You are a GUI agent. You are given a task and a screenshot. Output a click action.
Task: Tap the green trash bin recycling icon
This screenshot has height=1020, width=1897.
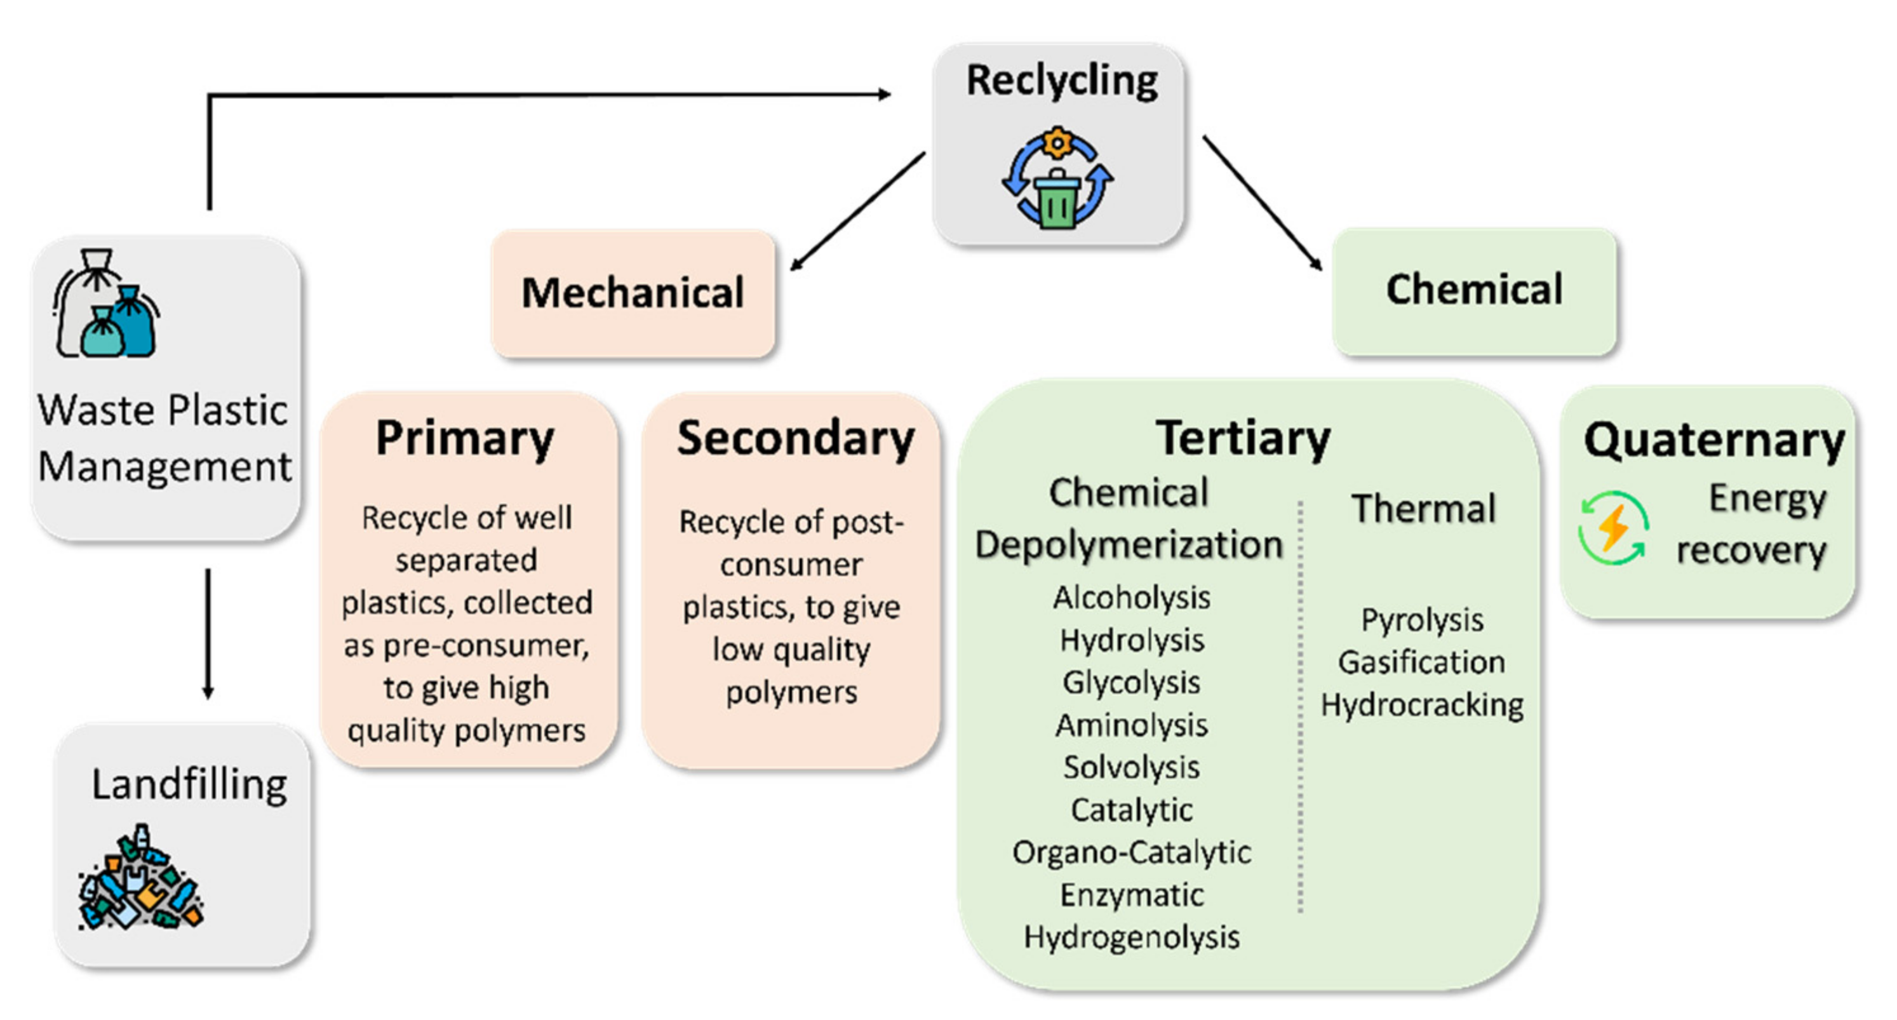1057,179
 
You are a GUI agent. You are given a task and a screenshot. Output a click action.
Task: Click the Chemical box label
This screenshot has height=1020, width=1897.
1473,289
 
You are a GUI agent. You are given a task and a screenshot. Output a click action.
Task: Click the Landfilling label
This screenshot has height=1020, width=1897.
189,784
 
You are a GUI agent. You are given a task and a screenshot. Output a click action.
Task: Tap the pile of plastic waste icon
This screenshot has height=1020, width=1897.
140,880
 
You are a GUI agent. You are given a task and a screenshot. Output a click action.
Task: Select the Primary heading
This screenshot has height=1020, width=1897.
465,438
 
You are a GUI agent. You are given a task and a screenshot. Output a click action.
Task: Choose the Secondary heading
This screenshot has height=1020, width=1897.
795,438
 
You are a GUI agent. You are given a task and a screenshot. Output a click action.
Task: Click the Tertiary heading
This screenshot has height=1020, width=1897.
1243,438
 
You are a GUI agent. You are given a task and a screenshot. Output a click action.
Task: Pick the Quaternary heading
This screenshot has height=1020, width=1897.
1714,440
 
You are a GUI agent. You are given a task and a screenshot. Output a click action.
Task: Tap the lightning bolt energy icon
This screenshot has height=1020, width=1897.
1612,528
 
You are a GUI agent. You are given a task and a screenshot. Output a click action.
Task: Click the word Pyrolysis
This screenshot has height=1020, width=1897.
1421,620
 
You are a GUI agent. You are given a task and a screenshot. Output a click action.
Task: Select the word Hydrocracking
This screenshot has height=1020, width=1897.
1421,705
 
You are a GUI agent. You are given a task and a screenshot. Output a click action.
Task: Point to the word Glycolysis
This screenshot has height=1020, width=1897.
1131,683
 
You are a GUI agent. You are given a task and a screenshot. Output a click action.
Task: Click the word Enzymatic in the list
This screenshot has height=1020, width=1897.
1131,895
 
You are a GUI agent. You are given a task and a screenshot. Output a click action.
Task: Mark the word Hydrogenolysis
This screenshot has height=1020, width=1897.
1131,937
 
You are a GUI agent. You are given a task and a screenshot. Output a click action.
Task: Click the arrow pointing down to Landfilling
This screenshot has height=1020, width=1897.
208,633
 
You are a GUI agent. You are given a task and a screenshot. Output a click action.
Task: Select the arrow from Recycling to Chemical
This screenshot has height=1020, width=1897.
1262,202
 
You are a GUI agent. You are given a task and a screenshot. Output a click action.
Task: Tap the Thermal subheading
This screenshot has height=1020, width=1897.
1423,509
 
